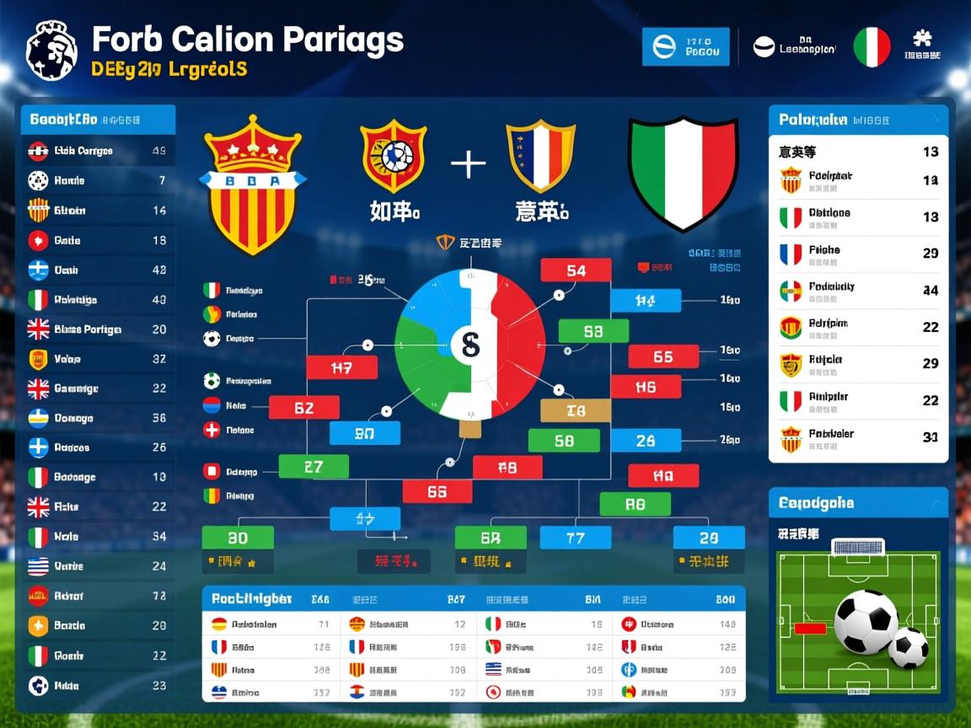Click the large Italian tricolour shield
[684, 173]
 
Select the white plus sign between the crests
[468, 163]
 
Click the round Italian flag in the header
[872, 47]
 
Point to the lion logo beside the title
[51, 50]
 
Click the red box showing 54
[576, 270]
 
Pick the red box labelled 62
[304, 408]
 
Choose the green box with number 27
[314, 466]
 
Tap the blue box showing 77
[575, 538]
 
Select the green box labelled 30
[238, 538]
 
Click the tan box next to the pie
[575, 410]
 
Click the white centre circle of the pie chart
[465, 343]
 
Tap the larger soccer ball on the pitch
[866, 621]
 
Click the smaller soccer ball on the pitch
[909, 647]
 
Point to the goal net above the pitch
[858, 546]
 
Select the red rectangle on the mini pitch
[810, 628]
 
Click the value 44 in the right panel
[931, 291]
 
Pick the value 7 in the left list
[161, 180]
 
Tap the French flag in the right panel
[791, 254]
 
